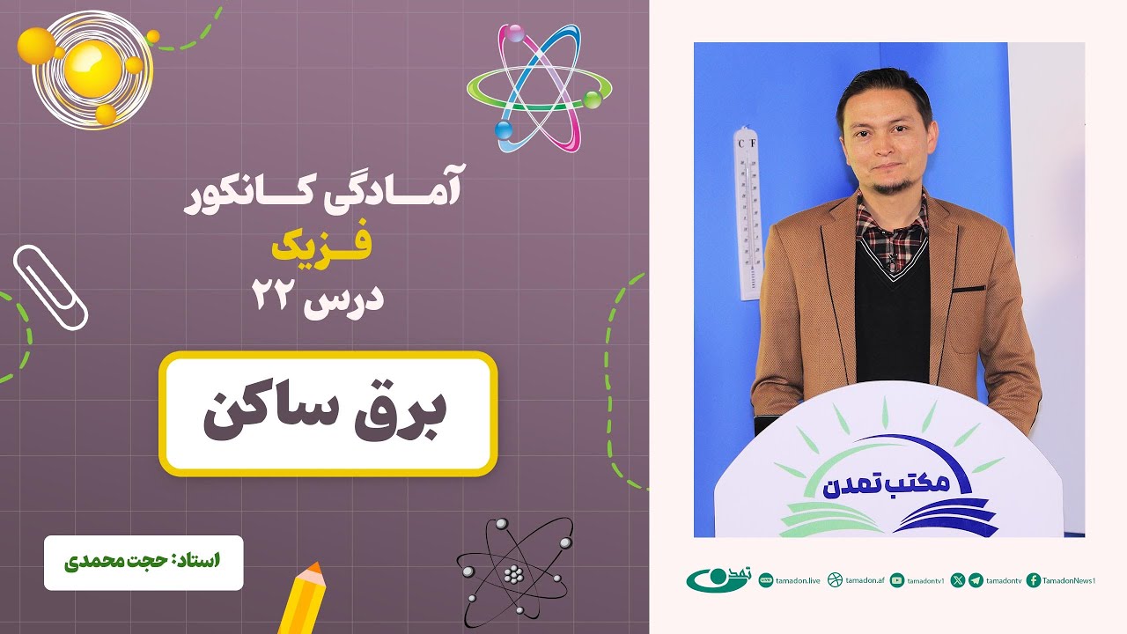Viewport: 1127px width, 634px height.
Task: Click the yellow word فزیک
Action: [320, 247]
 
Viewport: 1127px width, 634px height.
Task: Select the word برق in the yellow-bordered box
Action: [406, 413]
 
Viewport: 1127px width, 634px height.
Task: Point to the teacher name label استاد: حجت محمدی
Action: [144, 561]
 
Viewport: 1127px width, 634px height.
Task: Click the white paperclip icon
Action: [50, 286]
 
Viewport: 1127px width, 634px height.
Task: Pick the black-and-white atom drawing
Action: [513, 572]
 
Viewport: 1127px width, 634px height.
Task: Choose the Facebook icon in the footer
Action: [1034, 580]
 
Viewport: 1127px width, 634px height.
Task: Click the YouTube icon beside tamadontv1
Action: [897, 580]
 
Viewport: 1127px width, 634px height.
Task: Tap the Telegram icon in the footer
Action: [976, 580]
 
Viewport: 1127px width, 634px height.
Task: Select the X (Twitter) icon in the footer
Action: [958, 580]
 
